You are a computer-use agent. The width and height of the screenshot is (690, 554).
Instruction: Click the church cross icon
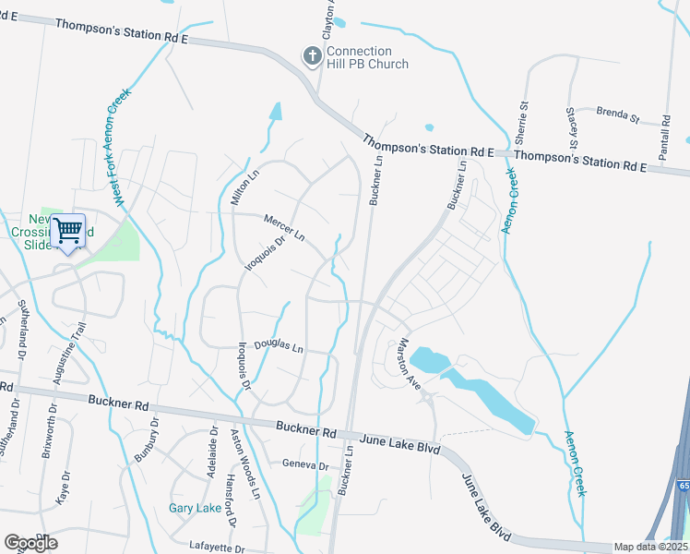click(x=313, y=57)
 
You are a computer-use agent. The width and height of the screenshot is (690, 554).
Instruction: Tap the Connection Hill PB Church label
click(x=359, y=58)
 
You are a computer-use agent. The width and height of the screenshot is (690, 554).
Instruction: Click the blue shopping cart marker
click(x=68, y=230)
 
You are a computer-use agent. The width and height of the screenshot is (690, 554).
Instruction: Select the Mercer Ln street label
click(x=284, y=227)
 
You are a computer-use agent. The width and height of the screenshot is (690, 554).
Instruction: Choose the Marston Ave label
click(x=409, y=363)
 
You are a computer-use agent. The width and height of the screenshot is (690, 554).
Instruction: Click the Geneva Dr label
click(x=305, y=466)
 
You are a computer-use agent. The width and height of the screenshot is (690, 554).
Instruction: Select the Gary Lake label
click(x=195, y=508)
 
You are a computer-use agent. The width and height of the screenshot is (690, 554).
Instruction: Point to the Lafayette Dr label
click(x=216, y=548)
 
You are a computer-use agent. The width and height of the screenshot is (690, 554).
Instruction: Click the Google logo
click(x=31, y=542)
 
